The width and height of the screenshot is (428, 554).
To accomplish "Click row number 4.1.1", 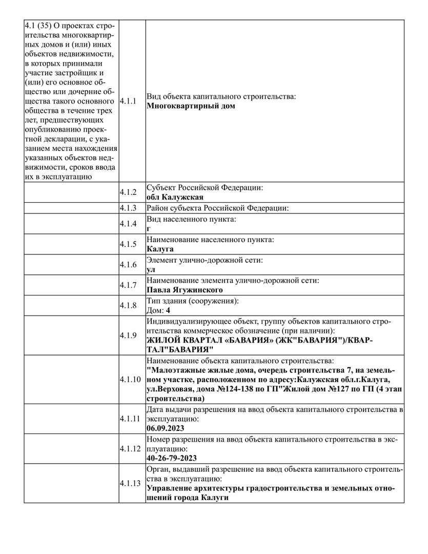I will pos(128,101).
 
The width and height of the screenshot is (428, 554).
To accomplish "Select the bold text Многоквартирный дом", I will pos(191,106).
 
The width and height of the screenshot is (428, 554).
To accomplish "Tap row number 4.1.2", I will pos(128,192).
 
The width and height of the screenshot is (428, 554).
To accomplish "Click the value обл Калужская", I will pos(175,197).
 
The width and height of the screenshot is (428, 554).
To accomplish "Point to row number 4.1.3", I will pos(128,208).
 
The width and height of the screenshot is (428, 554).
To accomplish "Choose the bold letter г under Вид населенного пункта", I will pos(149,228).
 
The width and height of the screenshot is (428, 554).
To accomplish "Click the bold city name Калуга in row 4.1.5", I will pos(160,249).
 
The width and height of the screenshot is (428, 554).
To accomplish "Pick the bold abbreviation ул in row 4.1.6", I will pos(151,269).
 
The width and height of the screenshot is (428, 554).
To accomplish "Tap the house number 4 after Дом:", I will pos(168,310).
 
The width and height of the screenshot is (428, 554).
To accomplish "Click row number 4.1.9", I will pos(128,335).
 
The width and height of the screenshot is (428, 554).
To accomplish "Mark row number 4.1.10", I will pos(130,380).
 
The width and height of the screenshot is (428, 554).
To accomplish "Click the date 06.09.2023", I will pos(165,428).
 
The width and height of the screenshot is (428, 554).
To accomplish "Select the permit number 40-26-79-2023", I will pos(171,458).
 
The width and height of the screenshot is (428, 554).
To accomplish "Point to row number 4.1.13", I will pos(130,483).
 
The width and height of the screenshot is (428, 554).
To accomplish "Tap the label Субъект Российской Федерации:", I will pos(205,188).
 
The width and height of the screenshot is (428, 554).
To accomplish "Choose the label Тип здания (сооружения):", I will pos(193,301).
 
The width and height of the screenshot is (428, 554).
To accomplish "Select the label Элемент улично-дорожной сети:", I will pos(205,260).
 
